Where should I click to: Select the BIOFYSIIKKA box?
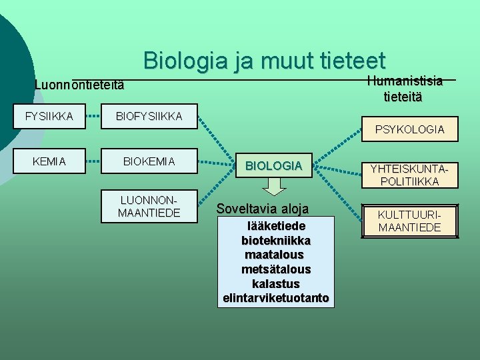click(149, 117)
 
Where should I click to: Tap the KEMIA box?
click(49, 161)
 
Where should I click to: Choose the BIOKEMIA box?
click(149, 161)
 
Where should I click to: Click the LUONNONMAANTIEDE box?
click(149, 206)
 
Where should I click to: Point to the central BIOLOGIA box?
click(273, 165)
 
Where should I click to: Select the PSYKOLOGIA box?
click(409, 129)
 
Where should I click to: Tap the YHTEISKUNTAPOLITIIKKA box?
click(409, 175)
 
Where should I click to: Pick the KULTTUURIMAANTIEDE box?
click(409, 221)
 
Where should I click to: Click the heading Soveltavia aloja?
click(263, 209)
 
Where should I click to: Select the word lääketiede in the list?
click(276, 226)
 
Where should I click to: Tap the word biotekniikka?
click(276, 240)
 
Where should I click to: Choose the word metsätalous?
click(276, 269)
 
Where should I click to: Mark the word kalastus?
click(276, 283)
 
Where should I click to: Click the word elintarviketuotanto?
click(276, 298)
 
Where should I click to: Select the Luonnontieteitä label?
click(79, 87)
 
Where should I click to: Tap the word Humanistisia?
click(405, 81)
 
